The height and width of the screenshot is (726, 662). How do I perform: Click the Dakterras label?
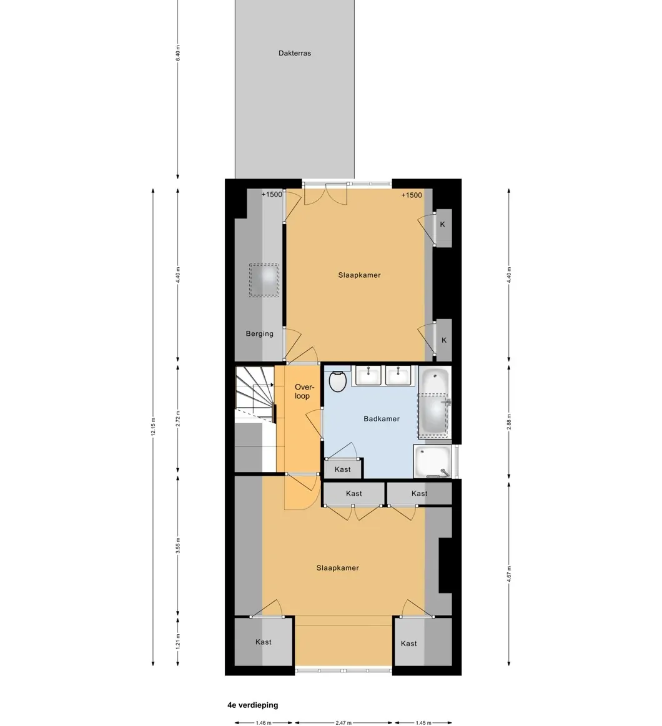point(295,53)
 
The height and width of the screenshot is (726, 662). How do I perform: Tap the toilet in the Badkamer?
point(338,381)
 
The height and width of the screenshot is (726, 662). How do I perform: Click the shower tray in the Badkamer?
point(433,461)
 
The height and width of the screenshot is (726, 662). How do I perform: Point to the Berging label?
point(259,333)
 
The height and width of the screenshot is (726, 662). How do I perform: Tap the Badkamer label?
point(381,419)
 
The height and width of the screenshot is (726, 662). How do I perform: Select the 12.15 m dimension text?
point(153,426)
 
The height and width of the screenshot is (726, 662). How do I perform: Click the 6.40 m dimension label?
point(178,53)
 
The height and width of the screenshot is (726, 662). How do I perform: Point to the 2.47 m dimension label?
point(343,722)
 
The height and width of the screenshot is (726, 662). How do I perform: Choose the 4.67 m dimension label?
point(508,574)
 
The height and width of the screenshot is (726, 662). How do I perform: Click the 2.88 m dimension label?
point(508,422)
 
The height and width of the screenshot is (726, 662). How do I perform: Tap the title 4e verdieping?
point(252,705)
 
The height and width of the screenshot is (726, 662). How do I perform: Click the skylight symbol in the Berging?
point(264,280)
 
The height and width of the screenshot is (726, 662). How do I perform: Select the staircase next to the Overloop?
point(255,394)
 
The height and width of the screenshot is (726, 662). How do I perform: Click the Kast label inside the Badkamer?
point(342,469)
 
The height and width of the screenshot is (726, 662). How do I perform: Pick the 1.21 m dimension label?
point(178,642)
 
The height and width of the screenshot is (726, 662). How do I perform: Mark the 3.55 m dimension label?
point(178,546)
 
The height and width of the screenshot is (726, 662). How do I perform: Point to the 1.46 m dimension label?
point(264,722)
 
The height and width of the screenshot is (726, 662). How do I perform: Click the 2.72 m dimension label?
point(178,419)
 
